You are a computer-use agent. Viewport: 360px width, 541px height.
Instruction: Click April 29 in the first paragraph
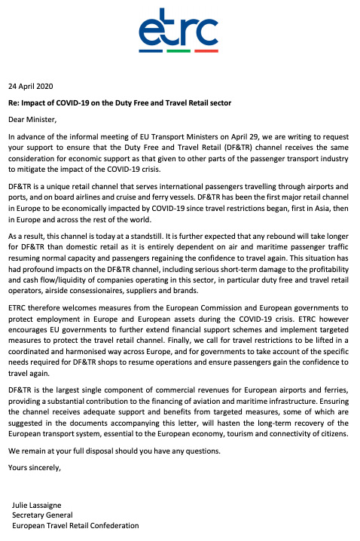coord(215,136)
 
